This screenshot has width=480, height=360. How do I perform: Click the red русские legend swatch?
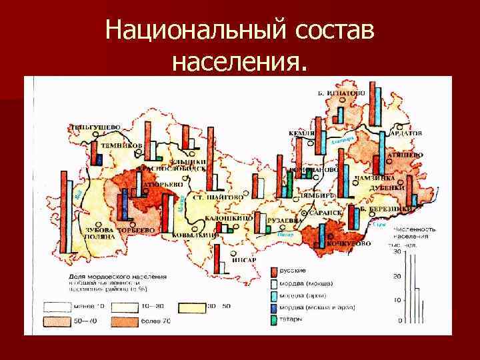(x=273, y=271)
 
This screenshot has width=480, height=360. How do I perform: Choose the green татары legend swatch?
(x=273, y=319)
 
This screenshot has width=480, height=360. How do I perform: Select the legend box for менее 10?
(x=58, y=307)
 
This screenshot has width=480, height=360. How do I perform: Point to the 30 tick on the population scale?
(x=397, y=252)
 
